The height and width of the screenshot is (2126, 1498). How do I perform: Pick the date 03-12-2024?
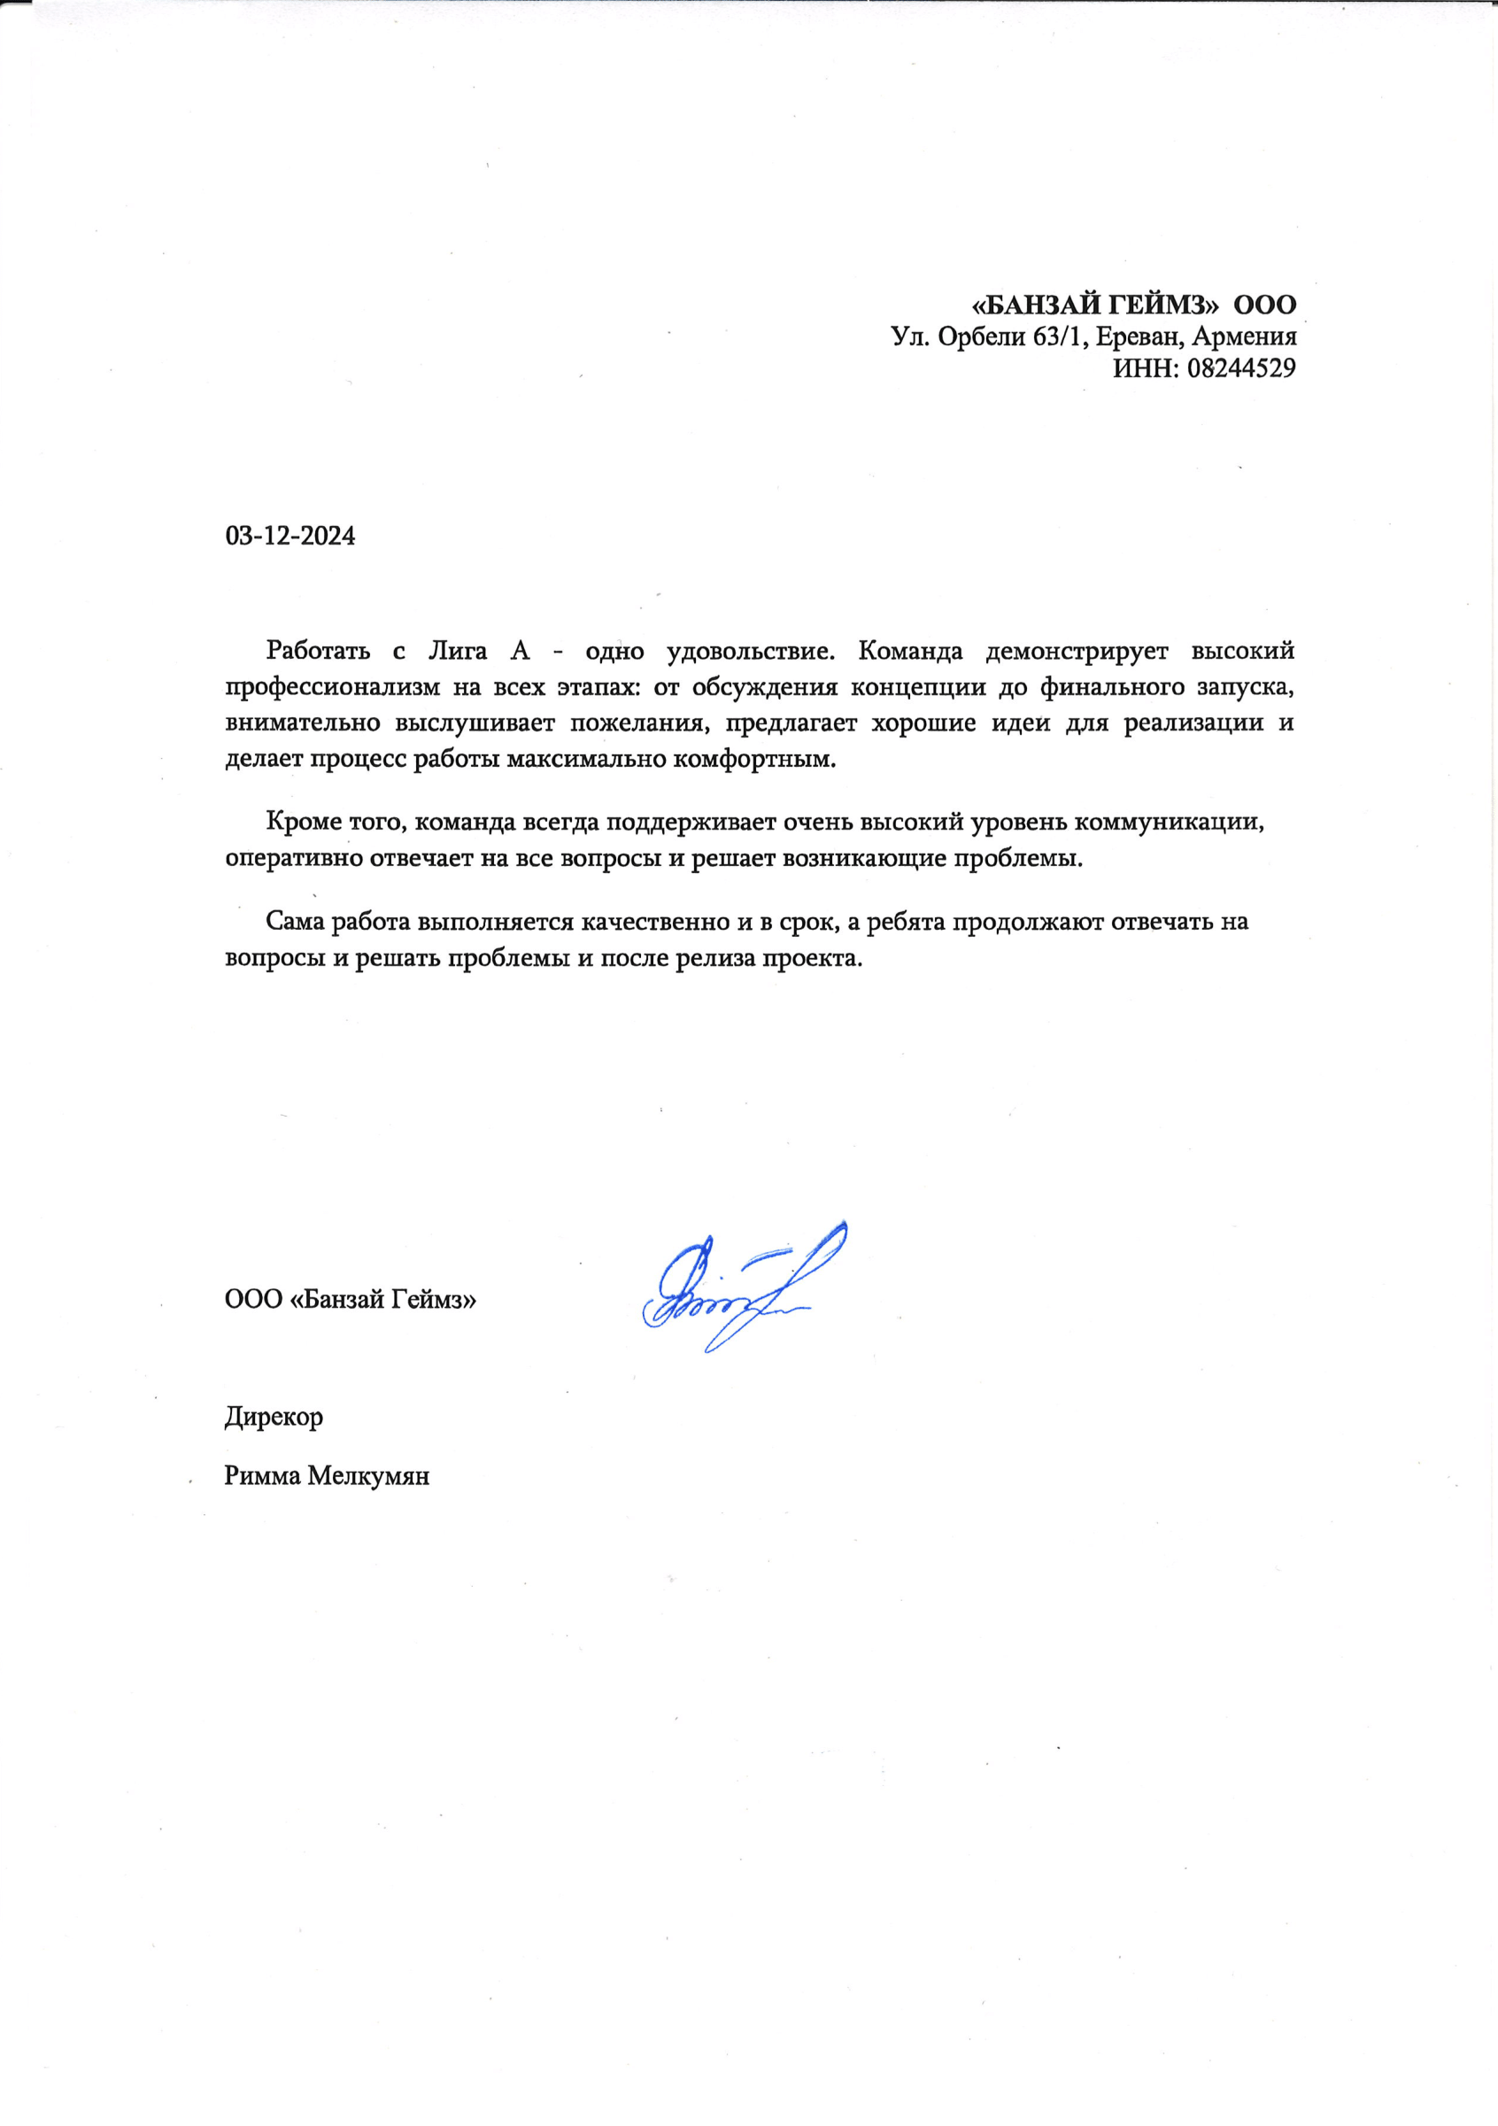(x=290, y=536)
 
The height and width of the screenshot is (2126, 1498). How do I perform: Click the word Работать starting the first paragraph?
(x=318, y=651)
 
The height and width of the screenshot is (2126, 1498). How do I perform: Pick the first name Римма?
(x=262, y=1476)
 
